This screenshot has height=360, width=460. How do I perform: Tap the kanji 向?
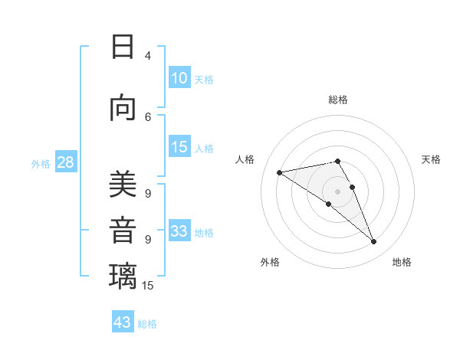[x=123, y=108]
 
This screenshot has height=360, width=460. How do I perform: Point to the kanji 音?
[x=123, y=231]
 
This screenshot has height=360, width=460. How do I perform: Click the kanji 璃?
[x=123, y=277]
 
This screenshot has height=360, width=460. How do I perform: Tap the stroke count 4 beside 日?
[x=148, y=55]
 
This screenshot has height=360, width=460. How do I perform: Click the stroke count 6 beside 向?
[x=148, y=116]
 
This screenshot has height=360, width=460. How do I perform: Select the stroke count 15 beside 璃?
[x=148, y=286]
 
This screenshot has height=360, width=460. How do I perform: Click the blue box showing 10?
[x=179, y=78]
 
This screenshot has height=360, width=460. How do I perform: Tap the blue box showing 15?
[x=179, y=147]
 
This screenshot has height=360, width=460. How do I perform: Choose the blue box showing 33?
[x=179, y=231]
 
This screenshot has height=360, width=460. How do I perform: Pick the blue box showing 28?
[x=65, y=162]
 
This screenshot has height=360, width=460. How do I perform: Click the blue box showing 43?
[x=123, y=322]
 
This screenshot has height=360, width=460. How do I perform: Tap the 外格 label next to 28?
[x=41, y=164]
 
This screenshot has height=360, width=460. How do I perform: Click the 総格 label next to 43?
[x=147, y=324]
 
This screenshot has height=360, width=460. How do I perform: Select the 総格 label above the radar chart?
[x=338, y=100]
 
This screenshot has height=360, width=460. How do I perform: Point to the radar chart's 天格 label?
[x=431, y=159]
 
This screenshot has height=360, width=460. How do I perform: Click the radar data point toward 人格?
[x=280, y=172]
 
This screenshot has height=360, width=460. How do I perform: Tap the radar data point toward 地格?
[x=374, y=242]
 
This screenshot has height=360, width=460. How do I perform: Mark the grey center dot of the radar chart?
[x=337, y=191]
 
